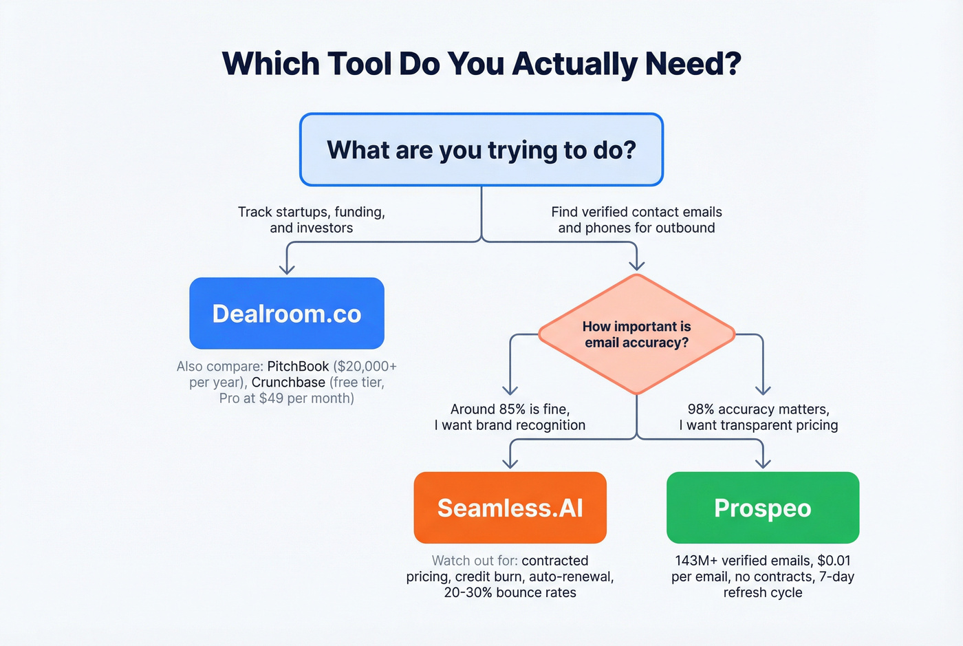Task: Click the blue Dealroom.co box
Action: (x=287, y=314)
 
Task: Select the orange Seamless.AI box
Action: (x=510, y=508)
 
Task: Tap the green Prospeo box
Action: (x=763, y=508)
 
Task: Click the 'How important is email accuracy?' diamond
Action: (x=637, y=334)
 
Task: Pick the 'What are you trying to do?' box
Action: (x=481, y=150)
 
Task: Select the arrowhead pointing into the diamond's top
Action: (x=637, y=265)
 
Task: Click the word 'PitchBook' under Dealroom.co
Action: (x=298, y=367)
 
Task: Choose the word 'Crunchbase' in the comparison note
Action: (x=288, y=383)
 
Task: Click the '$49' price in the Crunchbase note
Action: (x=271, y=398)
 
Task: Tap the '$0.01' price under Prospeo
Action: (x=834, y=561)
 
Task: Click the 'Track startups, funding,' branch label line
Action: (x=312, y=212)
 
